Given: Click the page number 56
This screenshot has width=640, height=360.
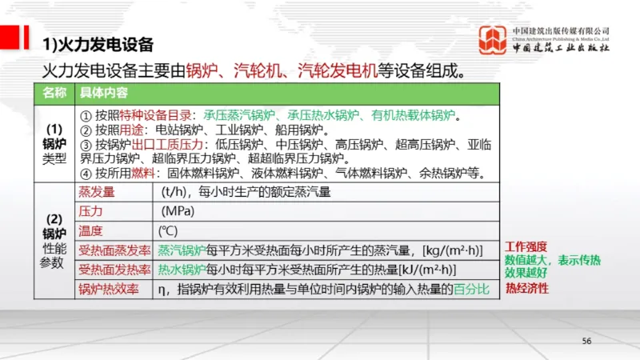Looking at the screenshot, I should [x=586, y=341].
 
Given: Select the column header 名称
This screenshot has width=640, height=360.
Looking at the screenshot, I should [x=53, y=92].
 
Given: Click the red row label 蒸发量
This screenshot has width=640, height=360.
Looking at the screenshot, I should [x=96, y=192].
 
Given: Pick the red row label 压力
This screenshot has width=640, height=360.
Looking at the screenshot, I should [x=90, y=211].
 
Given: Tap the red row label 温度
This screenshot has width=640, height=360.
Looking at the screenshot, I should [x=90, y=230].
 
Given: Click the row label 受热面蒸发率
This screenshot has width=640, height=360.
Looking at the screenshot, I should [x=114, y=250].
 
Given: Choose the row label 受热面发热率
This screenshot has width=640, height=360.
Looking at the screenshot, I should [x=114, y=269].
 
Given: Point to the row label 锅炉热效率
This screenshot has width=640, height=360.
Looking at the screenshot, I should [x=108, y=288].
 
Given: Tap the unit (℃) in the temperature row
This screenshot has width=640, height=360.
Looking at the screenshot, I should [x=169, y=230].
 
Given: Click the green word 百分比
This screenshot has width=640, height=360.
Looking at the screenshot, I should [x=470, y=288].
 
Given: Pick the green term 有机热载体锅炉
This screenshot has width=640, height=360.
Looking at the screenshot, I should [x=413, y=114].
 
